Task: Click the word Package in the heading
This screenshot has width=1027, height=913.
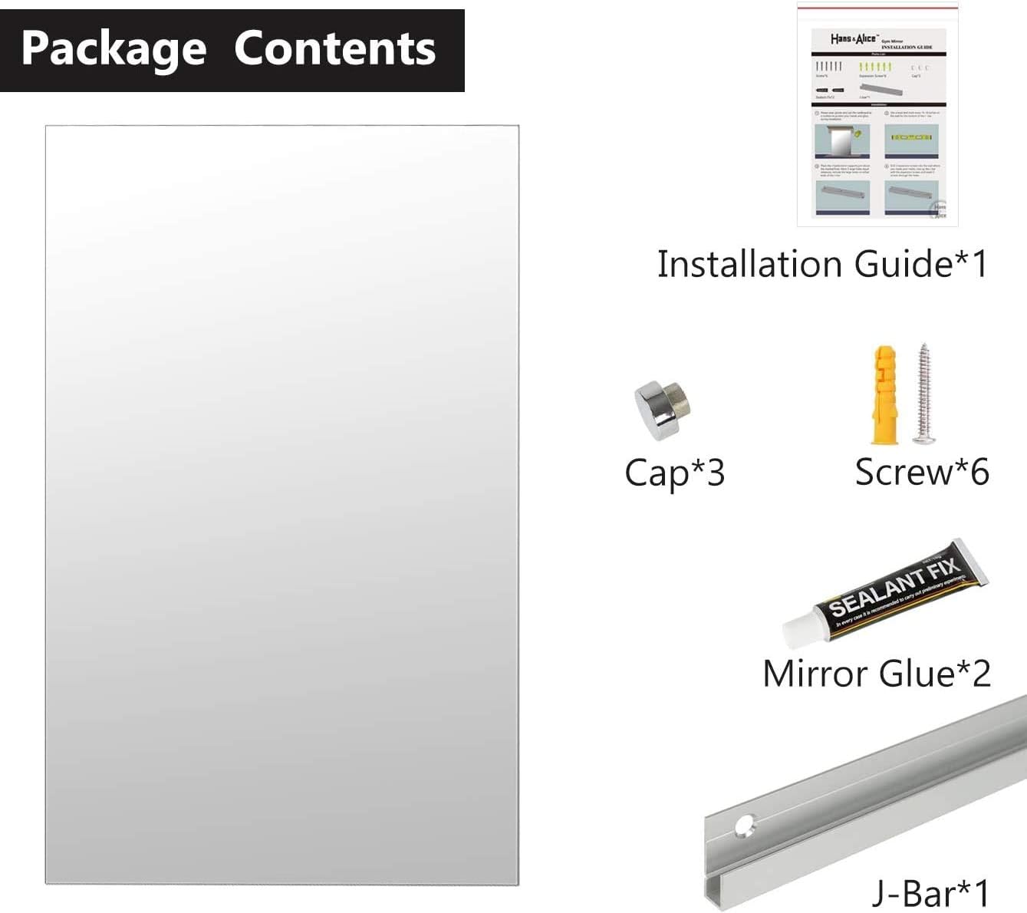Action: (x=114, y=48)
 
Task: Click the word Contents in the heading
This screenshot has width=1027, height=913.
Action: (x=334, y=48)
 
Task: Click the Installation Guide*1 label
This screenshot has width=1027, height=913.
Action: (x=821, y=264)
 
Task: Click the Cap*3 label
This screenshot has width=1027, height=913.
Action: (x=674, y=473)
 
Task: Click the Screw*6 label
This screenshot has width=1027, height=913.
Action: (x=921, y=472)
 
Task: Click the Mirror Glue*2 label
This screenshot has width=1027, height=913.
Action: (x=876, y=673)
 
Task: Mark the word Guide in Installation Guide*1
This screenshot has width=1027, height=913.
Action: (x=903, y=264)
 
